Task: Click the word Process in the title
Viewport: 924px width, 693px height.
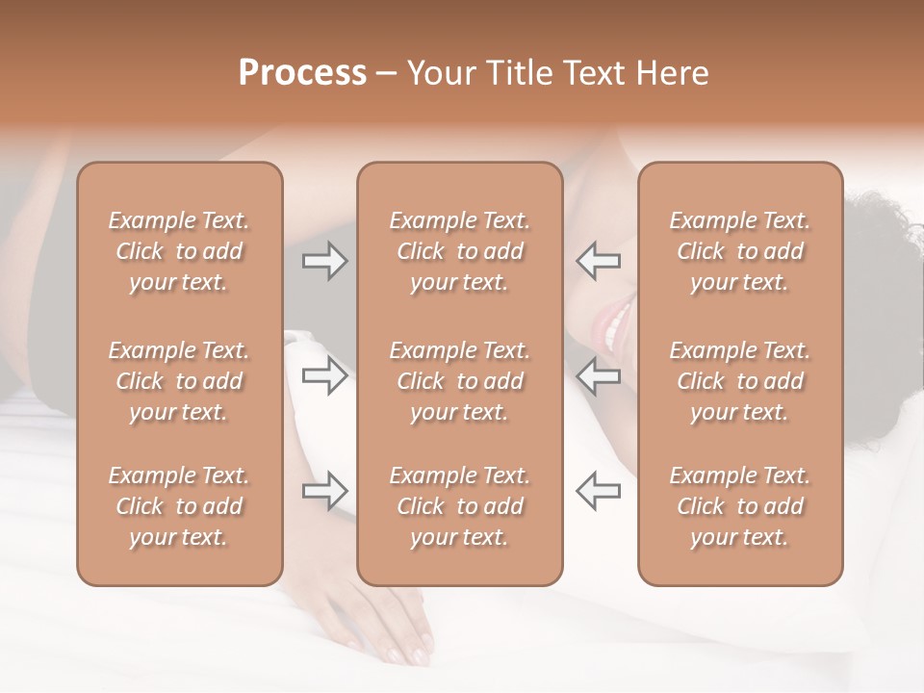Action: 302,73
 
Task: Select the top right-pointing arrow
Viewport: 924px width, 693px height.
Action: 325,261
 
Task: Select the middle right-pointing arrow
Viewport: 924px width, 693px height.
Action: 325,375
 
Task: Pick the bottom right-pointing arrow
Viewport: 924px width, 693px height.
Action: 325,491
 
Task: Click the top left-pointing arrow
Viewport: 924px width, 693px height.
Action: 599,261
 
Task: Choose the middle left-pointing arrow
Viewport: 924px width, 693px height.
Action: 599,375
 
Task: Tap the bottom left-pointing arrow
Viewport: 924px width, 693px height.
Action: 599,491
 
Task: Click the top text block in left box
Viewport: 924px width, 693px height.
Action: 179,251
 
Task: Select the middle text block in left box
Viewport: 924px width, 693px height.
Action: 179,381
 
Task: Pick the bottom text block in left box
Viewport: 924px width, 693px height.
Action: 179,506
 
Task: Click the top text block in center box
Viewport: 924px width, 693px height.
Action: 459,251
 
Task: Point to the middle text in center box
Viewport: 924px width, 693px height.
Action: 459,381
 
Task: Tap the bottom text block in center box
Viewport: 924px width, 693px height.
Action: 459,506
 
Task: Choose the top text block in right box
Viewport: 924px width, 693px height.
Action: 739,251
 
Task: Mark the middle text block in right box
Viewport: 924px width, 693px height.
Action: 739,381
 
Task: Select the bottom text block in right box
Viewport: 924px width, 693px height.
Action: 739,506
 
